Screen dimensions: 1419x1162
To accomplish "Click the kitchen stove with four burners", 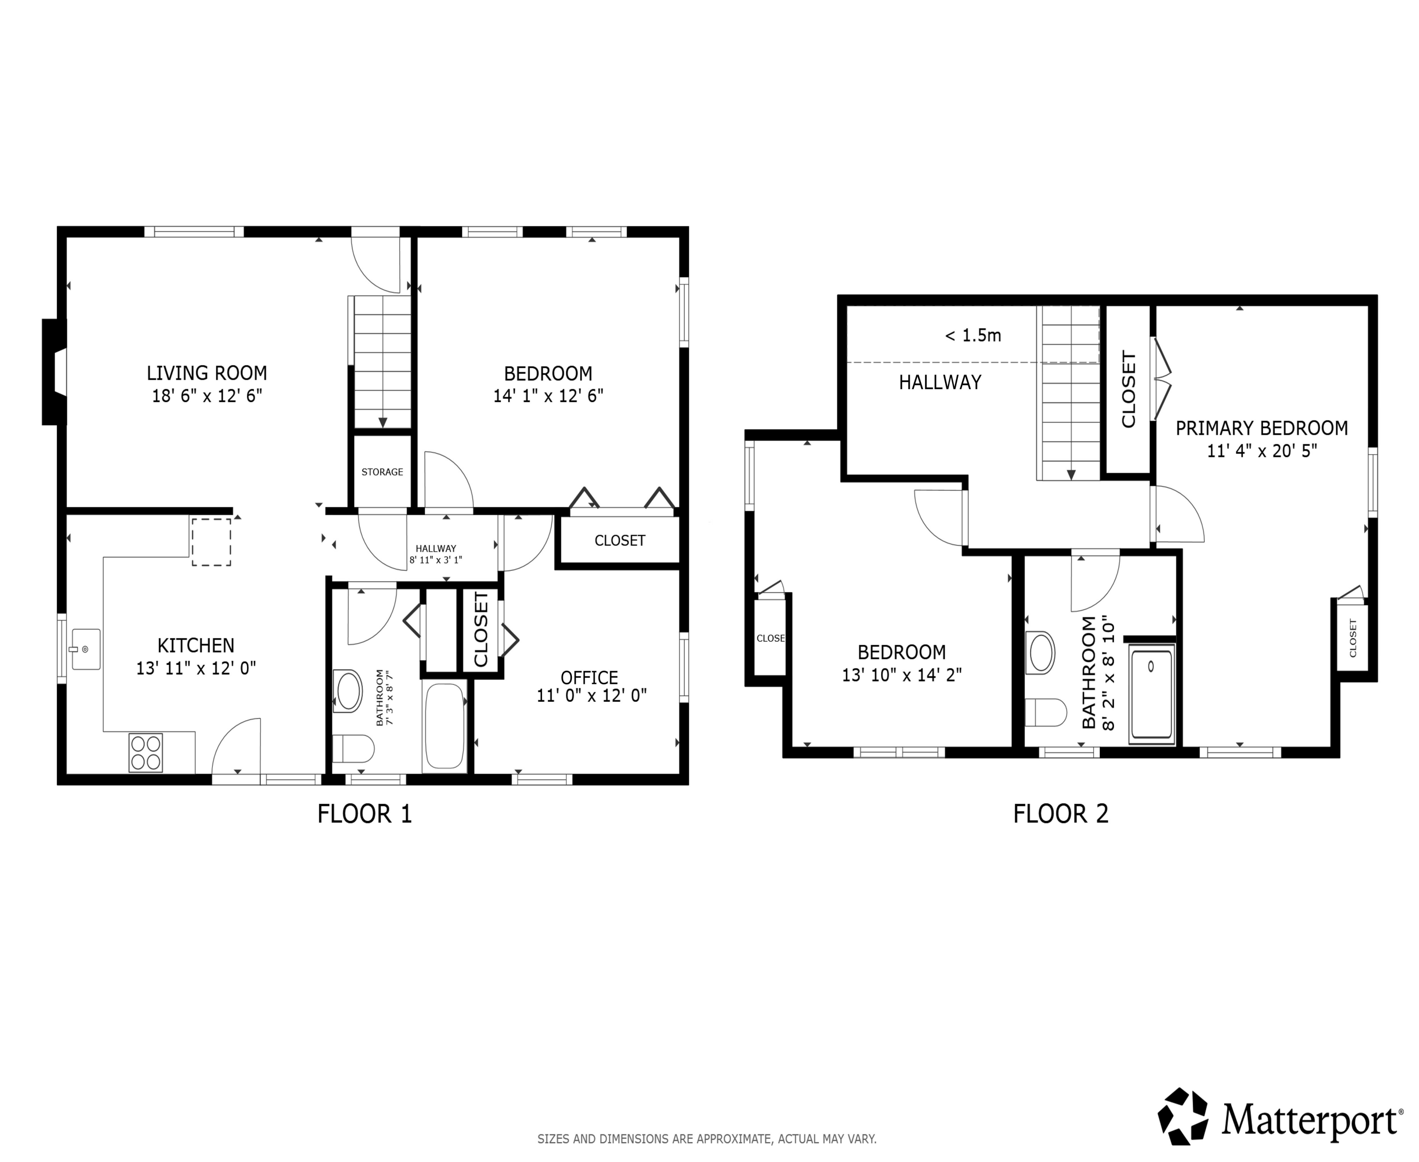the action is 146,752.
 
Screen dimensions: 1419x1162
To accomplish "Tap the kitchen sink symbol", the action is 85,648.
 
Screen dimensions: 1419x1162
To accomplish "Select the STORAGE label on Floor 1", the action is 382,472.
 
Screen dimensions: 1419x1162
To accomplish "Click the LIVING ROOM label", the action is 207,373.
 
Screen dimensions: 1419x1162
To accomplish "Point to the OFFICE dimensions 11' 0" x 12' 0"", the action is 592,696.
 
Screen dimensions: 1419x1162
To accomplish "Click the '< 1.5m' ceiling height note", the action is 972,335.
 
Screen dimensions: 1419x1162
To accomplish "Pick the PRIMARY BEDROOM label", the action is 1261,428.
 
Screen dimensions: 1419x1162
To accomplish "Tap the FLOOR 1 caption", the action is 365,814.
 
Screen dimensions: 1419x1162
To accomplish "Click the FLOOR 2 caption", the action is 1061,814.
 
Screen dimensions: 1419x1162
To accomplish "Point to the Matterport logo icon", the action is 1183,1116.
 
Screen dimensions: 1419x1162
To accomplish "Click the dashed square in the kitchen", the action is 211,542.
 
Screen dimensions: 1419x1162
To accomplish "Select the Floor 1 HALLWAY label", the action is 436,548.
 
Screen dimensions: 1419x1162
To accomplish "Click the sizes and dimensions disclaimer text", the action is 707,1138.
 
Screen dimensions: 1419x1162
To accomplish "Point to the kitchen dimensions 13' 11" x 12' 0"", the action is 196,668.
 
